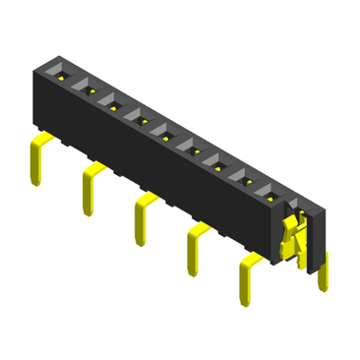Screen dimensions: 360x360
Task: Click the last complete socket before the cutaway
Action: pos(270,195)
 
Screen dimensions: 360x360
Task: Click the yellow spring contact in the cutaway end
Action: pos(291,236)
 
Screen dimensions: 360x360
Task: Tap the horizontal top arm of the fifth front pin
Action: pos(252,260)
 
